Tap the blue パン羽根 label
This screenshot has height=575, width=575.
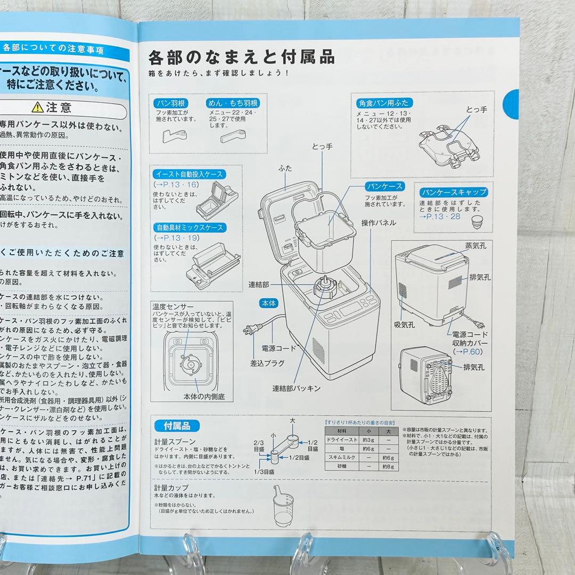click(169, 103)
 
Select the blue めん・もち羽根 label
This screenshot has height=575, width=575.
click(233, 103)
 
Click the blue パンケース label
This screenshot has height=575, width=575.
click(384, 186)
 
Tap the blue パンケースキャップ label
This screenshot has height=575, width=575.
click(453, 192)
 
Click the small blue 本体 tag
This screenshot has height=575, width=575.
click(268, 302)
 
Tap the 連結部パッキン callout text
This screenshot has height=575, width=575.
click(297, 388)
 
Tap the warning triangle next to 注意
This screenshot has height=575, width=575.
click(37, 108)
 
